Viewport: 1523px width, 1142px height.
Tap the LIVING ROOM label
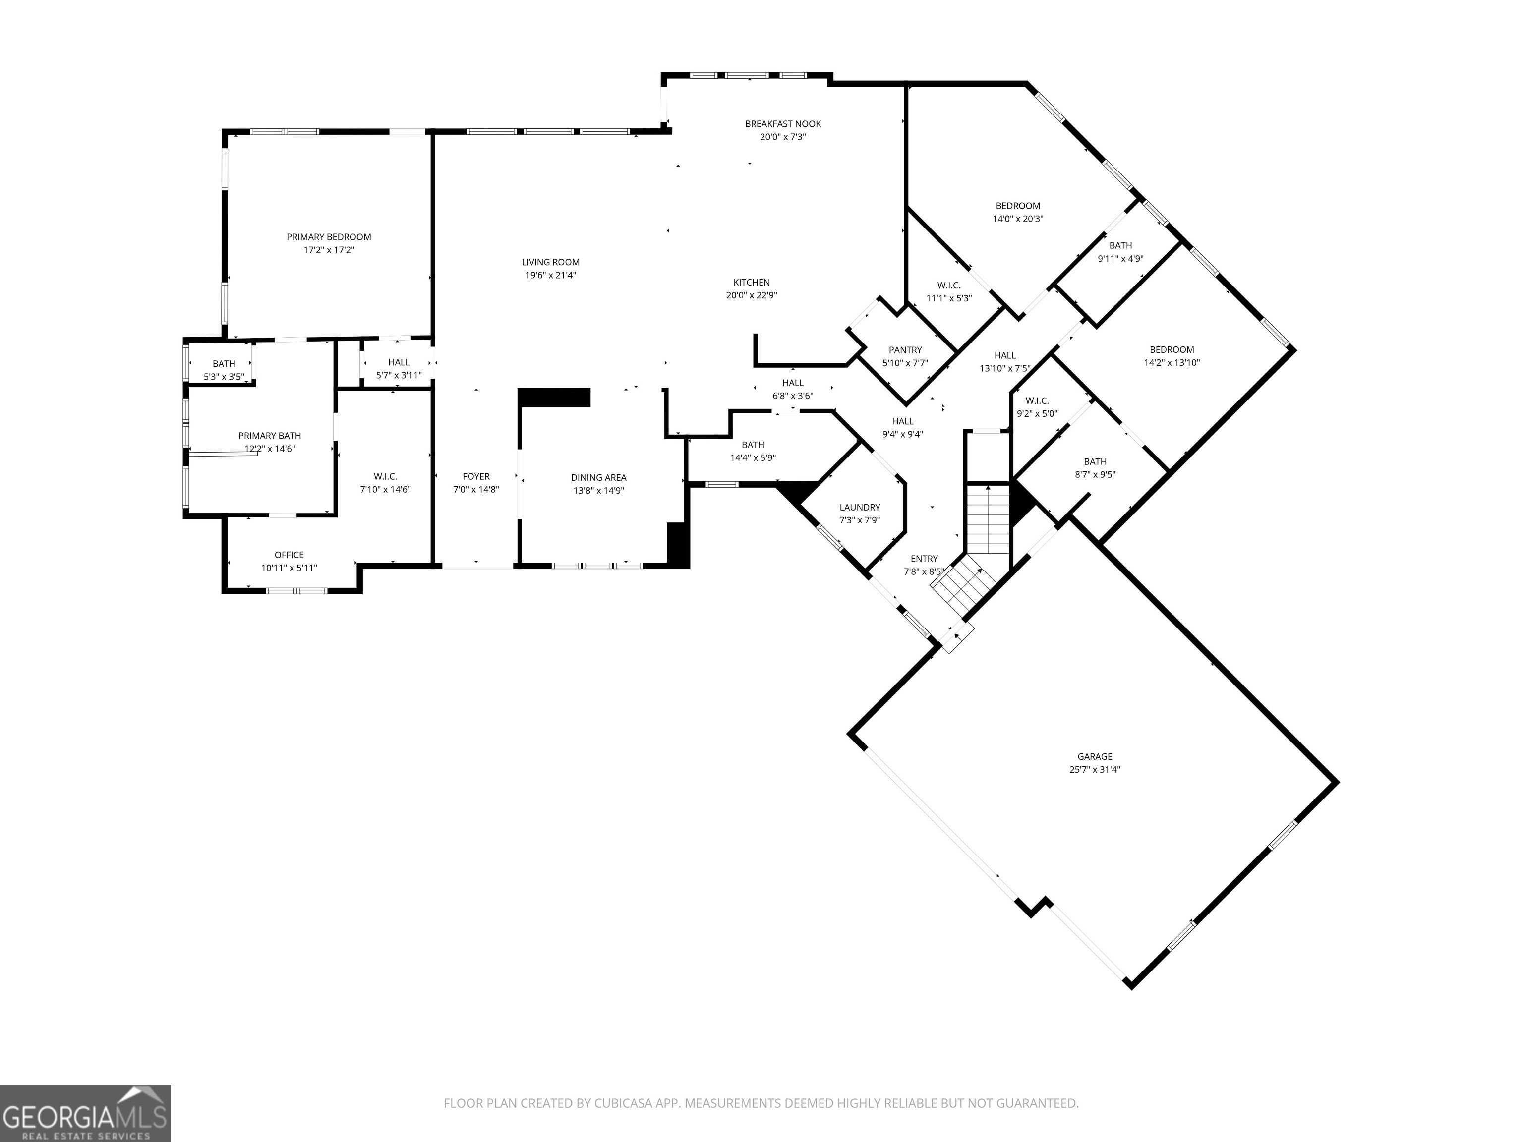coord(550,262)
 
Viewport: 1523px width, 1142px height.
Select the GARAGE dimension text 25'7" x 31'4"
coord(1095,770)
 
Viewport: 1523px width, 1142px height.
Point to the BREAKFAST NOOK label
coord(783,124)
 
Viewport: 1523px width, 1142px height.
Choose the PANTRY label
coord(905,350)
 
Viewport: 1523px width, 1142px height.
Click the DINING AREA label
coord(598,478)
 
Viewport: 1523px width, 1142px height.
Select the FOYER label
coord(476,476)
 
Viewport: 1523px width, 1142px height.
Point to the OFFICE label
coord(289,555)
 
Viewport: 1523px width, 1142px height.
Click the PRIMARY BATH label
coord(269,436)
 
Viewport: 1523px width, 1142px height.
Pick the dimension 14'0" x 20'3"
coord(1018,219)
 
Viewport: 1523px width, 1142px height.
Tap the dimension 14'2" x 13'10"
coord(1172,363)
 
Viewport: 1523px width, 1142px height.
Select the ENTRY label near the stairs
coord(924,559)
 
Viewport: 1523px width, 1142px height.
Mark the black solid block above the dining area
coord(554,398)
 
